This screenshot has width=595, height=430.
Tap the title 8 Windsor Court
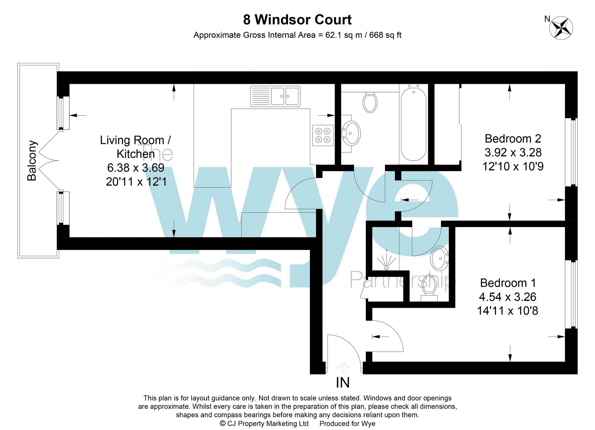[x=297, y=20]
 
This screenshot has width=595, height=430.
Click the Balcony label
[x=32, y=161]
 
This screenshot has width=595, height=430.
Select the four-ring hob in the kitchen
[x=323, y=135]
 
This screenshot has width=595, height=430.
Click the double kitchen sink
[x=275, y=96]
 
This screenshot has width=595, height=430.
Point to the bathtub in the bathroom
[x=414, y=123]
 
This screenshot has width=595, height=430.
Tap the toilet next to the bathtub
[x=370, y=102]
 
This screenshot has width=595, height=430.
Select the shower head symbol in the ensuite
[x=386, y=262]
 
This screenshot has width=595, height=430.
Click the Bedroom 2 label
[x=513, y=139]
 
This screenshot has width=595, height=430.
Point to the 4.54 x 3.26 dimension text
[x=507, y=297]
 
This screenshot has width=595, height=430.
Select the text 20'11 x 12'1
[x=136, y=181]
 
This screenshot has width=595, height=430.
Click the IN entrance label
[x=343, y=383]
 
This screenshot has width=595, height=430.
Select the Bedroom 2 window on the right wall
[x=571, y=152]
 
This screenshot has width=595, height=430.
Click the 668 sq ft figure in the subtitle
[x=385, y=35]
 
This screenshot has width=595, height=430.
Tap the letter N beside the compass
[x=547, y=19]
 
